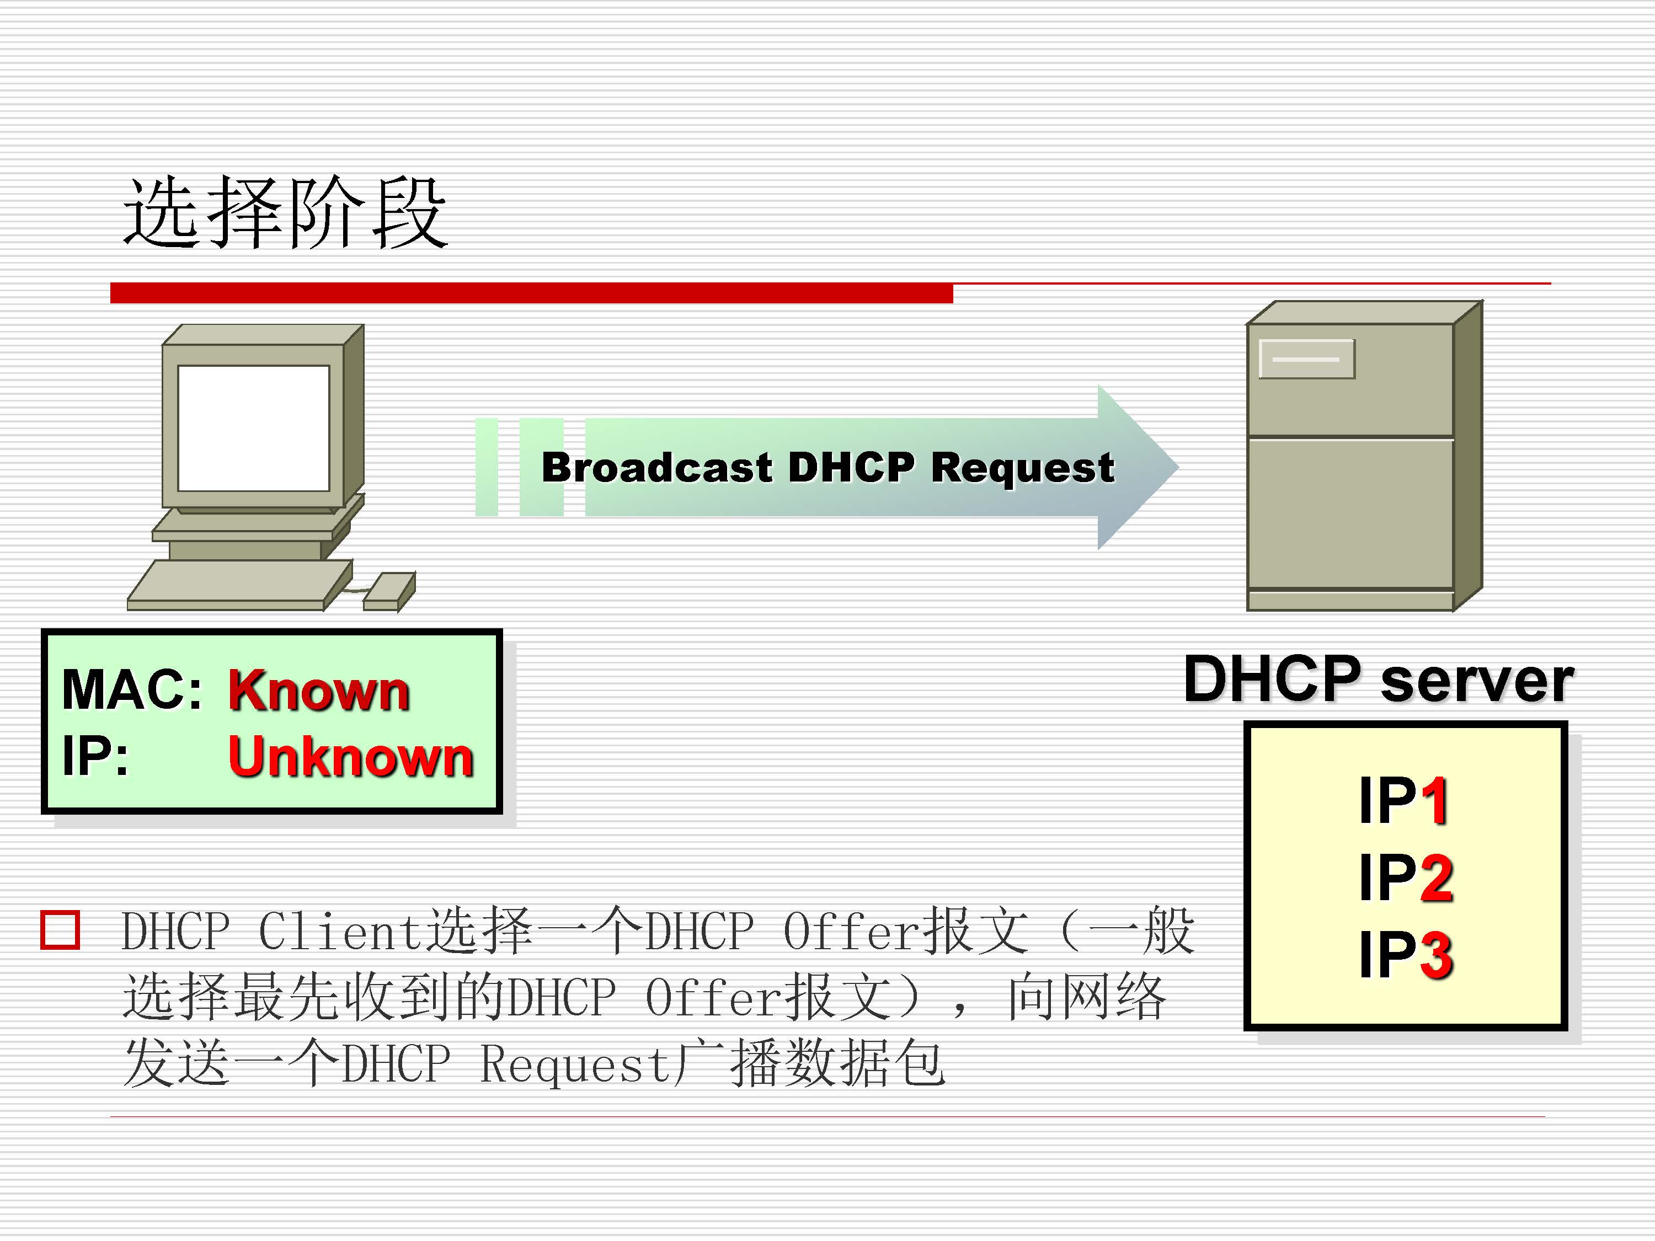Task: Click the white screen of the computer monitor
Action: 254,428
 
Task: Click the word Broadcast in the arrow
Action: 656,468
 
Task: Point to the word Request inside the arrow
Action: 1022,468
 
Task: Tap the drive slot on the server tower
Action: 1306,359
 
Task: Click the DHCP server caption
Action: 1378,679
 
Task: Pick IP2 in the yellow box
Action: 1405,878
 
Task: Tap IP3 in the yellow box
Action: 1405,955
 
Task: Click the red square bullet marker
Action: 60,930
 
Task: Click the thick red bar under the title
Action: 531,292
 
